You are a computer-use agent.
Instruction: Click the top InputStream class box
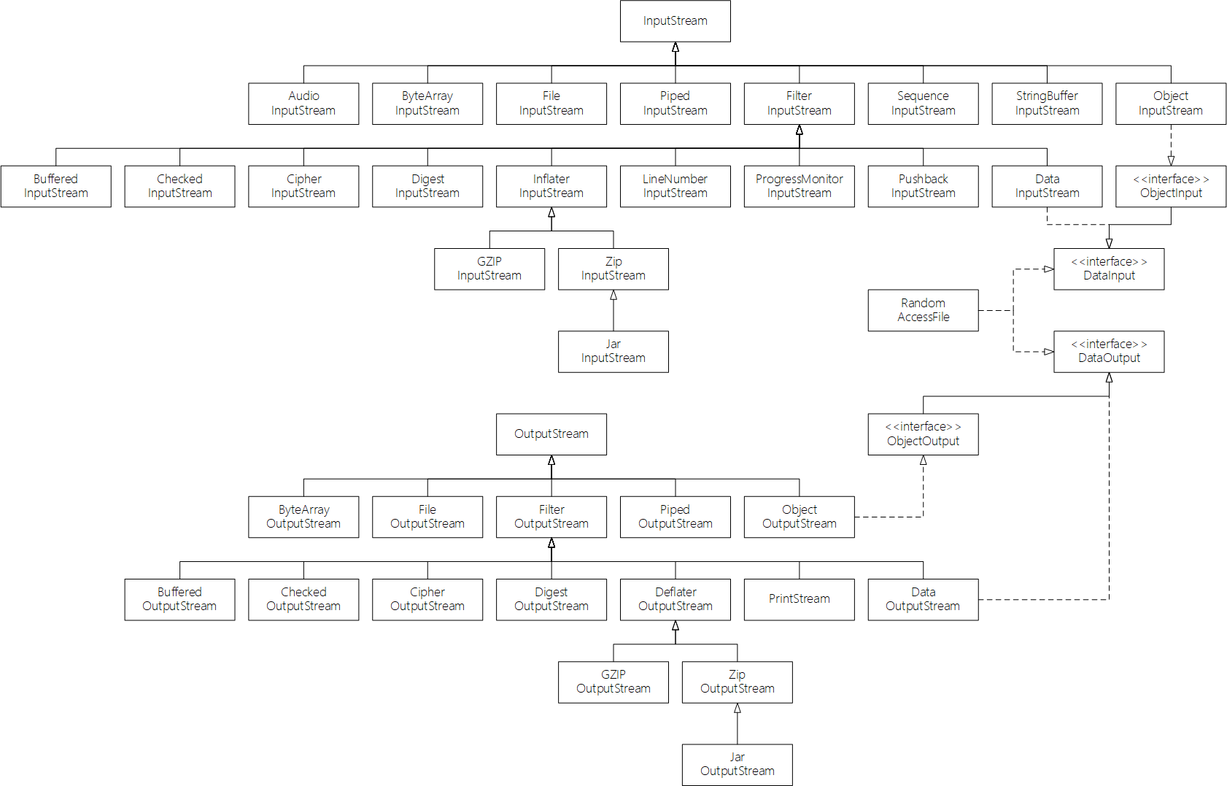coord(675,21)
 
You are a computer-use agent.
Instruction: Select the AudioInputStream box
coord(303,104)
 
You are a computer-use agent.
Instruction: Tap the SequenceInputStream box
coord(923,104)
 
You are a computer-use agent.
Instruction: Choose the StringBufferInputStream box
coord(1047,104)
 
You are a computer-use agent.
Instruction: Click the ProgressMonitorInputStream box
coord(799,186)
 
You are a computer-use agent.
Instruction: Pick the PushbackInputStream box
coord(923,186)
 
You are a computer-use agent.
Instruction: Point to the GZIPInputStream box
coord(489,269)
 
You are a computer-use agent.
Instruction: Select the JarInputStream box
coord(613,351)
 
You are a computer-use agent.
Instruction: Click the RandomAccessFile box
coord(923,310)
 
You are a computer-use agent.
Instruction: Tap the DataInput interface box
coord(1109,269)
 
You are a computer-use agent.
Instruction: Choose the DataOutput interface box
coord(1109,351)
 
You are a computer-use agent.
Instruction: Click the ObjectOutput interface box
coord(923,434)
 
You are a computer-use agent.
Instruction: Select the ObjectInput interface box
coord(1171,186)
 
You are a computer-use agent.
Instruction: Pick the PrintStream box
coord(799,599)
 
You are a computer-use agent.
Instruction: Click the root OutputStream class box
coord(551,434)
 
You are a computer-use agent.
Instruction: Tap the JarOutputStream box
coord(737,764)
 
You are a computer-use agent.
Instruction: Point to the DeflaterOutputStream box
coord(675,599)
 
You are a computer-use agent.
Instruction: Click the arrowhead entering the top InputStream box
coord(676,47)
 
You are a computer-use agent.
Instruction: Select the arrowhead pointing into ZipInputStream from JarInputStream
coord(613,296)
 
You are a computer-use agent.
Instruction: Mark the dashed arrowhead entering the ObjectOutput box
coord(924,461)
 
